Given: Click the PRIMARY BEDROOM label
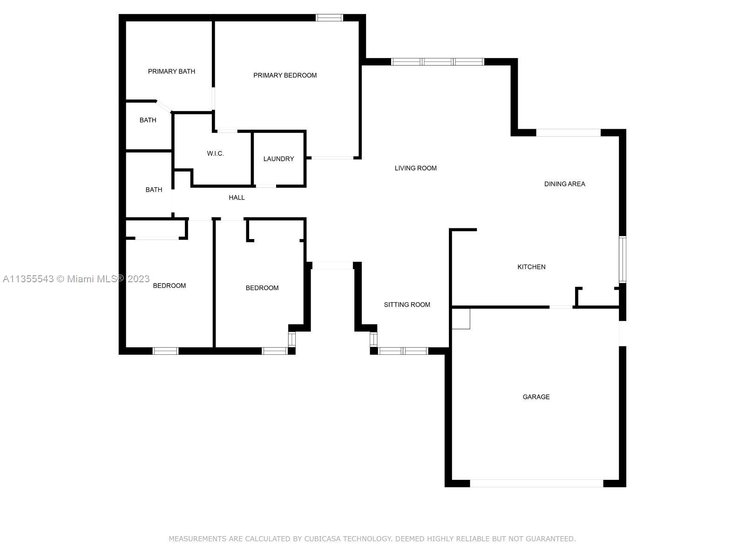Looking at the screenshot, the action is point(285,75).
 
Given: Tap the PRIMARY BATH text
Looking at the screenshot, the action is point(171,71).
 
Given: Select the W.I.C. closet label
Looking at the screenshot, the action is point(215,153).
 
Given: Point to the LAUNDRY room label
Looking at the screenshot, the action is point(278,159).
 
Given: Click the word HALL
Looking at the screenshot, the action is point(237,198).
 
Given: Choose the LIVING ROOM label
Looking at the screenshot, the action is point(415,168).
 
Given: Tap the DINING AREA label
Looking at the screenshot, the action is point(564,184).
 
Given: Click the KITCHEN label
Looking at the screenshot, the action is point(531,267).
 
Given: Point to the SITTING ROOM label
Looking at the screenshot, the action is point(407,305).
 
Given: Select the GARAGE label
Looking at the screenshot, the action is point(536,397).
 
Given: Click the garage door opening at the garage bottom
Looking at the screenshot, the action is point(536,484).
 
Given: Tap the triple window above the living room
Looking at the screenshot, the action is point(437,62).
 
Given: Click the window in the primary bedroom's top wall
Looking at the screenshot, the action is point(329,18).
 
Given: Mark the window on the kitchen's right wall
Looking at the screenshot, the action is point(623,259).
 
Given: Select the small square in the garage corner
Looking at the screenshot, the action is point(461,319).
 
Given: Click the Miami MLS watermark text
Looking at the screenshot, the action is point(76,279).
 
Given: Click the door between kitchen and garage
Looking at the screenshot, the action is point(561,307).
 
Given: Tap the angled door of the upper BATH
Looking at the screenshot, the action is point(164,106).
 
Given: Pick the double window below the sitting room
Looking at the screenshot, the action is point(403,351).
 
